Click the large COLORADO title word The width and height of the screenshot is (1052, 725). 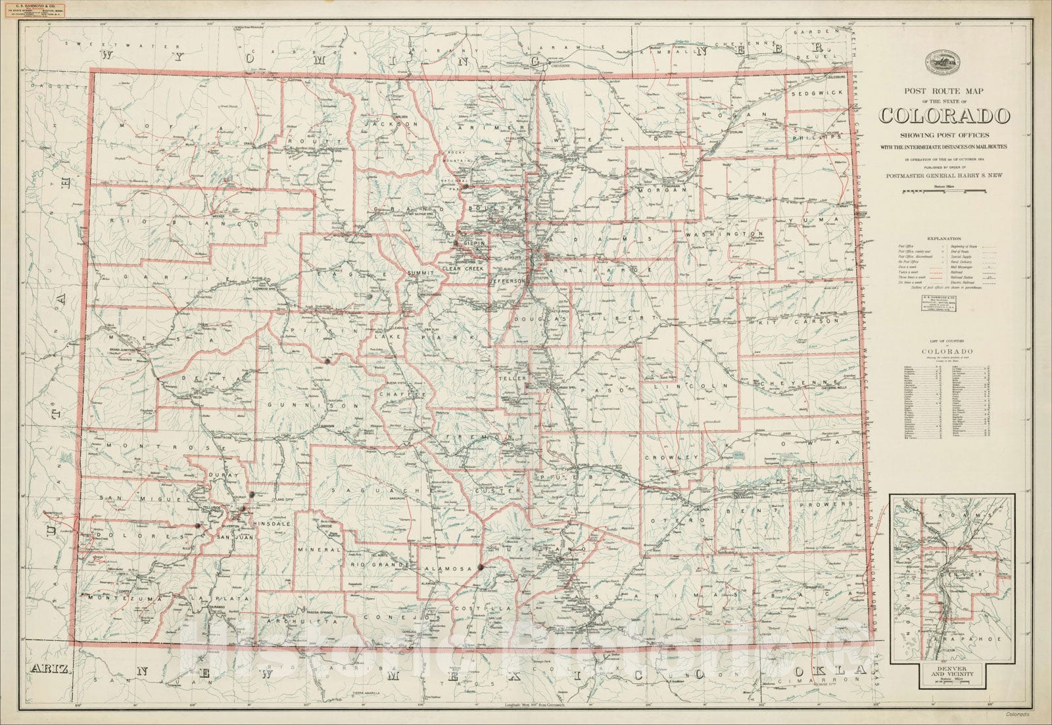pyautogui.click(x=944, y=116)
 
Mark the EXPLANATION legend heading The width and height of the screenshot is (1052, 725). pyautogui.click(x=944, y=239)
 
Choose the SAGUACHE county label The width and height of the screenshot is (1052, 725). pyautogui.click(x=373, y=490)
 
